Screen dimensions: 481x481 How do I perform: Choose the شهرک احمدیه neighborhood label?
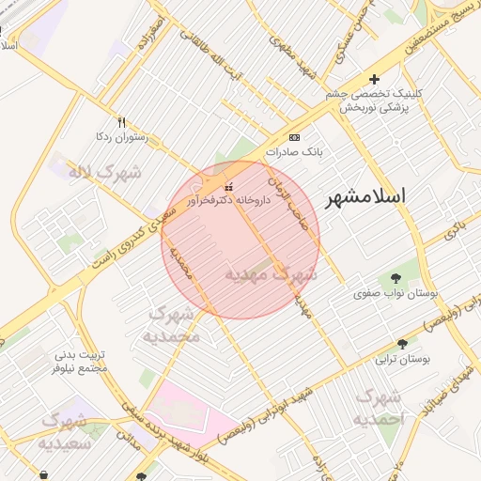point(380,406)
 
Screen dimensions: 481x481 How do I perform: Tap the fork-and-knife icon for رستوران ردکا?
point(121,123)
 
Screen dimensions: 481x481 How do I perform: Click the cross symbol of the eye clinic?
point(374,80)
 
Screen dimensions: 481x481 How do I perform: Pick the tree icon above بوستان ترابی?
point(403,344)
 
